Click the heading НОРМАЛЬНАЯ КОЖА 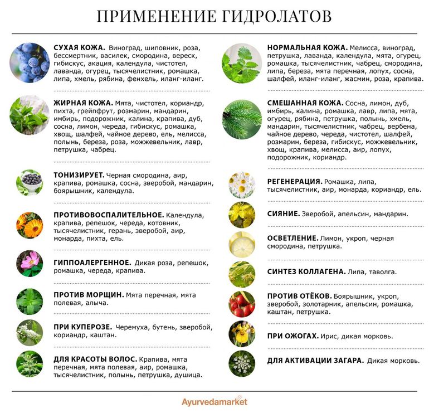(x=307, y=48)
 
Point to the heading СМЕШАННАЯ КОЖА (x=304, y=103)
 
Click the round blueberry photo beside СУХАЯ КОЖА (x=30, y=62)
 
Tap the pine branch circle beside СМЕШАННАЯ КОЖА (x=242, y=119)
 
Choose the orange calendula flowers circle (x=30, y=226)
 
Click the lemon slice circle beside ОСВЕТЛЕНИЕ (x=242, y=244)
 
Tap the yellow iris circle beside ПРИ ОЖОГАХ (x=242, y=334)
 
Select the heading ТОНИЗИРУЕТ (x=78, y=174)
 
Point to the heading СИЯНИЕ (x=282, y=213)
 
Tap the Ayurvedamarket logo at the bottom (x=214, y=401)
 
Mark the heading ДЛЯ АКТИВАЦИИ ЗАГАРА (x=315, y=361)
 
